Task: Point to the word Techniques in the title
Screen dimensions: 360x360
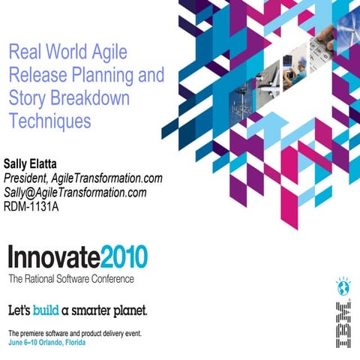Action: click(49, 120)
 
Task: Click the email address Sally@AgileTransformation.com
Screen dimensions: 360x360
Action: click(75, 193)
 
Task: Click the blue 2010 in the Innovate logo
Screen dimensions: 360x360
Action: click(123, 257)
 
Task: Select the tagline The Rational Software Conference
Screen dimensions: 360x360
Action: click(71, 279)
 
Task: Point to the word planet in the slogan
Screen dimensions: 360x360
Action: click(129, 309)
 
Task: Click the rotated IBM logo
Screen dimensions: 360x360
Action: click(343, 322)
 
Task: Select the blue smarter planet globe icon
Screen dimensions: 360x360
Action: click(343, 285)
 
